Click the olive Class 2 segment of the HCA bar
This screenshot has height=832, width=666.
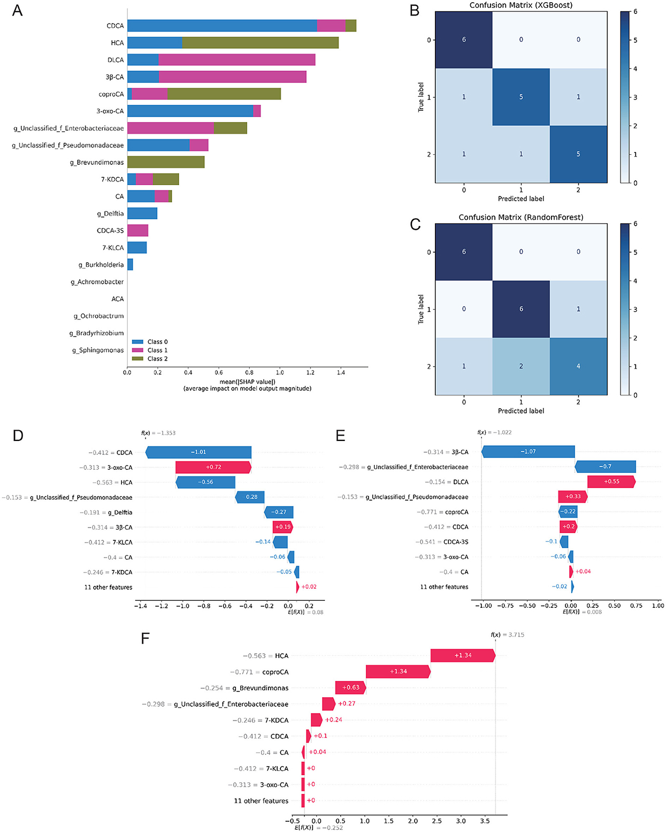coord(260,43)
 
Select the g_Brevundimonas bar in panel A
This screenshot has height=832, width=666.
coord(166,162)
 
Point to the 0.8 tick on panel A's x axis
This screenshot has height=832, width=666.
coord(249,372)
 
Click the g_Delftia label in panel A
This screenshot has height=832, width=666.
coord(110,213)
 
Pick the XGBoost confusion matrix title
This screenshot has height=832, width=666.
coord(521,5)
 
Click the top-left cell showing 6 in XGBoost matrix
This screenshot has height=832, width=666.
coord(464,40)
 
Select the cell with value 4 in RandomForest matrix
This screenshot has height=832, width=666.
coord(578,367)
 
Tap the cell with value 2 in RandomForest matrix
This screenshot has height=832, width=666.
coord(521,367)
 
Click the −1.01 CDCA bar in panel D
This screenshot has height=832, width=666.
coord(198,452)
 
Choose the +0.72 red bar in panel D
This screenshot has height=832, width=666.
coord(213,467)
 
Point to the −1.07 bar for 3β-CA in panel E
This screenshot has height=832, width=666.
coord(528,452)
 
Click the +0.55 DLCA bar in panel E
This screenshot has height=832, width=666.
coord(611,482)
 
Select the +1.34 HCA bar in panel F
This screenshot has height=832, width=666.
coord(463,655)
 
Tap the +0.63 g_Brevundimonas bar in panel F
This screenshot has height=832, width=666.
coord(351,688)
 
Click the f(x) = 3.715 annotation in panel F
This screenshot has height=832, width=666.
coord(508,635)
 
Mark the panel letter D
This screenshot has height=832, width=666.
coord(18,436)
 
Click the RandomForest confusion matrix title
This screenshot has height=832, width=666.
coord(521,217)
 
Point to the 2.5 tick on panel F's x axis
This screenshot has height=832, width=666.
coord(437,821)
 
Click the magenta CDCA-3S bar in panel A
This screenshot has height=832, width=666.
coord(137,231)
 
